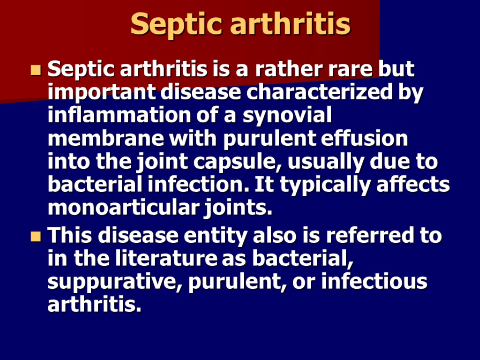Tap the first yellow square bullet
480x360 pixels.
(35, 71)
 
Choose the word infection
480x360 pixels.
(188, 185)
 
